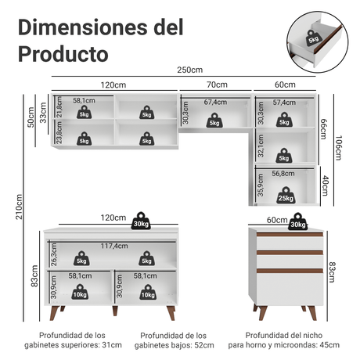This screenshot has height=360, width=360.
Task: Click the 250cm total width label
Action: pos(190,70)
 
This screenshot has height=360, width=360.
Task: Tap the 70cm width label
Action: pos(217,85)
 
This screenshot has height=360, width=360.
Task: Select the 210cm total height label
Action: pos(19,207)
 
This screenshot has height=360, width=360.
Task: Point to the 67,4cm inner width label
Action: pos(215,102)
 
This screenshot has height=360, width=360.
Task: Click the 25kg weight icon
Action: pos(286,196)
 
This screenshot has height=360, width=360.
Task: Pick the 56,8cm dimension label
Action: pos(283,174)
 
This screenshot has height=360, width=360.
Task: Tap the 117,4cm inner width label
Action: pos(114,246)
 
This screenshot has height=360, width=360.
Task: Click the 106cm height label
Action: pos(338,148)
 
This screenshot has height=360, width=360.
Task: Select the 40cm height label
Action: pos(325,185)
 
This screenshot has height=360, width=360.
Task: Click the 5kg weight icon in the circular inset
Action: pos(313,38)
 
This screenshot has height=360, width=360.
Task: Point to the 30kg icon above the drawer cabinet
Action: pos(297,221)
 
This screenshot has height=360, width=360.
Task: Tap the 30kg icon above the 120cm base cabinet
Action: pos(141,221)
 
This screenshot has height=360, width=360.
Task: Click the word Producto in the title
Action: pos(63,54)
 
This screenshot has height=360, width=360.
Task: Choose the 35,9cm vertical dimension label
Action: pos(261,185)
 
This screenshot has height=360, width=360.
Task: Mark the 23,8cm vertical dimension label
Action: pos(59,132)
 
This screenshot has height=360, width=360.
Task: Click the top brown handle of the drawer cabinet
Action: pos(290,234)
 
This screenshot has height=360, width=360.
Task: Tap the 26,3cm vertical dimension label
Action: pos(54,254)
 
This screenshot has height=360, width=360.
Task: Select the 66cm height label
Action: pos(323,129)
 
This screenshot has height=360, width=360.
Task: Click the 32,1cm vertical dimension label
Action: pos(261,146)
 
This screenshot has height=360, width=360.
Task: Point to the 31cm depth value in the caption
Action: pos(112,345)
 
